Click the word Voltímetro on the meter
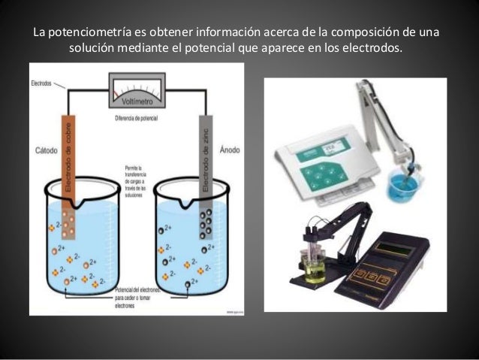pyautogui.click(x=137, y=101)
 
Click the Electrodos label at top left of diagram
pyautogui.click(x=42, y=85)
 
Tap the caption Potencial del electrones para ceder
pyautogui.click(x=135, y=298)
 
